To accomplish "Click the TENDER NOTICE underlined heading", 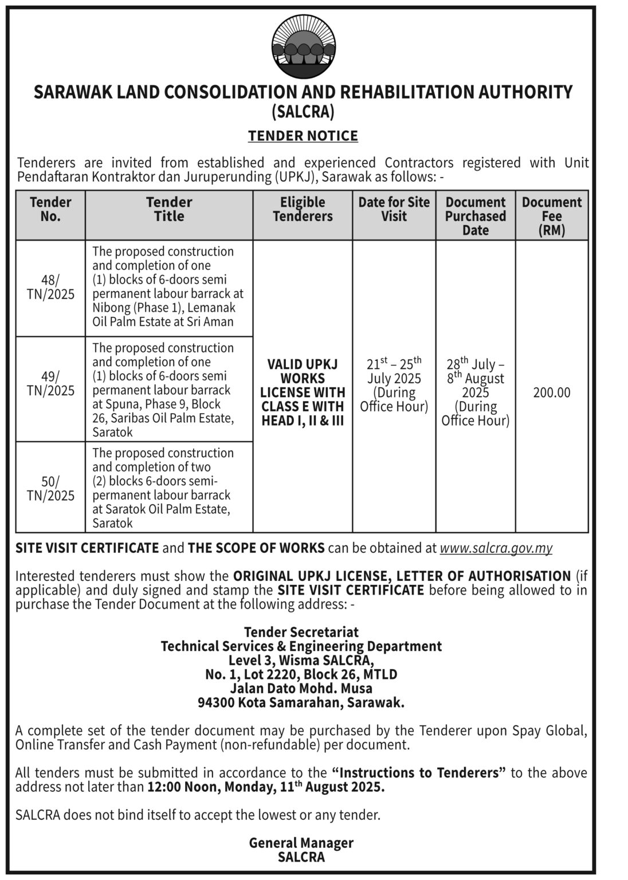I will [303, 136].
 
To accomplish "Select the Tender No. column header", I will [50, 209].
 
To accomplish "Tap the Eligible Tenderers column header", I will [303, 209].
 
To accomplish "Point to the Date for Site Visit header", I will [394, 209].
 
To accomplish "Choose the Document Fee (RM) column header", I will [551, 216].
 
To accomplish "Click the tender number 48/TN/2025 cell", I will [50, 287].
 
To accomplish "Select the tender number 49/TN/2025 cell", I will [50, 383].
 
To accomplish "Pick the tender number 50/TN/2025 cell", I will [50, 488].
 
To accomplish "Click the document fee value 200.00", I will [551, 392].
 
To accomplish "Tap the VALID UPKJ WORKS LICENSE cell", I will [303, 392].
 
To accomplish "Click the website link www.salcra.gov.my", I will [496, 548].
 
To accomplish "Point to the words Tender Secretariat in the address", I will [301, 632].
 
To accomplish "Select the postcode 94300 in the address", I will [215, 702].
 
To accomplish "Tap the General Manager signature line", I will [301, 843].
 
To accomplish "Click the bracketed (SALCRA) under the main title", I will [303, 112].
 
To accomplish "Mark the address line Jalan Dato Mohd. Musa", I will [301, 688].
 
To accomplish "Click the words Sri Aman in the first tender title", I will [211, 321].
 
